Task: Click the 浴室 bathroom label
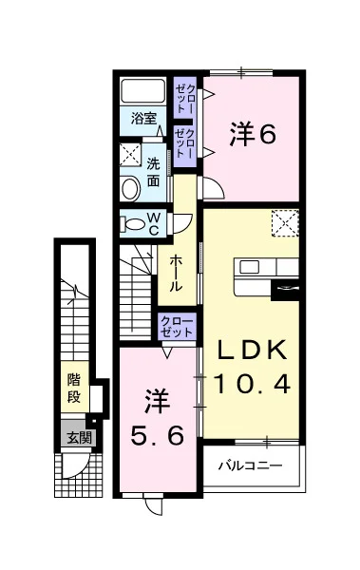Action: pyautogui.click(x=143, y=119)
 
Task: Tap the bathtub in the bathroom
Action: pyautogui.click(x=142, y=91)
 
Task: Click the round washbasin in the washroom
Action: pyautogui.click(x=130, y=189)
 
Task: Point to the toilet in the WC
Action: pyautogui.click(x=132, y=223)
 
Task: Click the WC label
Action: pyautogui.click(x=154, y=224)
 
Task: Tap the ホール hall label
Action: pyautogui.click(x=176, y=273)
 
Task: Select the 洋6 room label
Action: pyautogui.click(x=253, y=135)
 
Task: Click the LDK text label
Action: pyautogui.click(x=251, y=350)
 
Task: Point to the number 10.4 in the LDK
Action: pyautogui.click(x=253, y=384)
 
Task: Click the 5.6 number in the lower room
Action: pyautogui.click(x=157, y=436)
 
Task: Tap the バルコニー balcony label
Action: pyautogui.click(x=250, y=465)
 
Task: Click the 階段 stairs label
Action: pyautogui.click(x=74, y=389)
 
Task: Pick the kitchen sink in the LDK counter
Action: pyautogui.click(x=250, y=267)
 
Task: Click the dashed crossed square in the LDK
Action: pyautogui.click(x=285, y=223)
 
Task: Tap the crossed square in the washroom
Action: pyautogui.click(x=130, y=155)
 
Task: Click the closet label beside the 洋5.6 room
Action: pyautogui.click(x=177, y=327)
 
